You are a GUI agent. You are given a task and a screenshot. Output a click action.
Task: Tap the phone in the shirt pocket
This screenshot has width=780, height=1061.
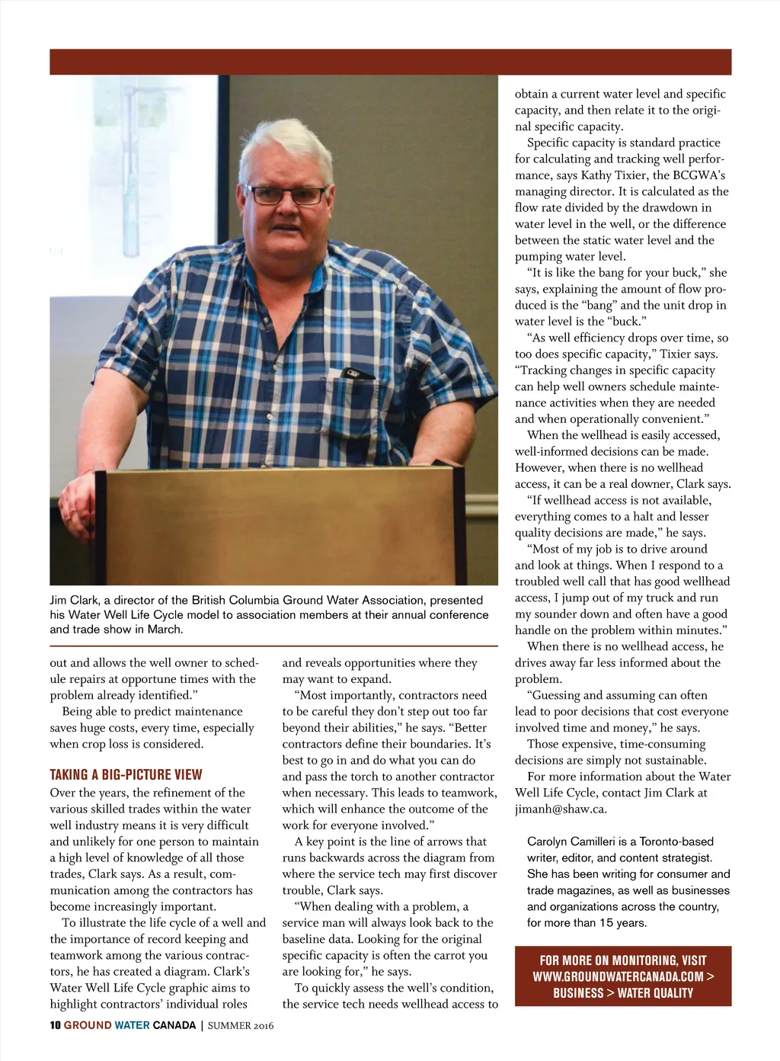click(356, 373)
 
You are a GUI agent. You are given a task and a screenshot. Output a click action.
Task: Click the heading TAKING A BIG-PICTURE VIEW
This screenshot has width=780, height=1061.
click(126, 775)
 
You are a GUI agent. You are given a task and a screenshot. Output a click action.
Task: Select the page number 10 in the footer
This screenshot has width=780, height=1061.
click(55, 1025)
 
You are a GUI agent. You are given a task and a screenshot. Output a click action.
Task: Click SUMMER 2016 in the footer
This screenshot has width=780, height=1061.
click(240, 1025)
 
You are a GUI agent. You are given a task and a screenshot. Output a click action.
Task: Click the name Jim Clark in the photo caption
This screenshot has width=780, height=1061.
click(74, 600)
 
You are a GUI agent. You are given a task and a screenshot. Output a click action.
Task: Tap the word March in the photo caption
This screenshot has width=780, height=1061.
click(167, 629)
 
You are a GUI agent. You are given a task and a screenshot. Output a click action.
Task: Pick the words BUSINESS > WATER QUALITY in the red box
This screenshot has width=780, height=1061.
click(623, 993)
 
